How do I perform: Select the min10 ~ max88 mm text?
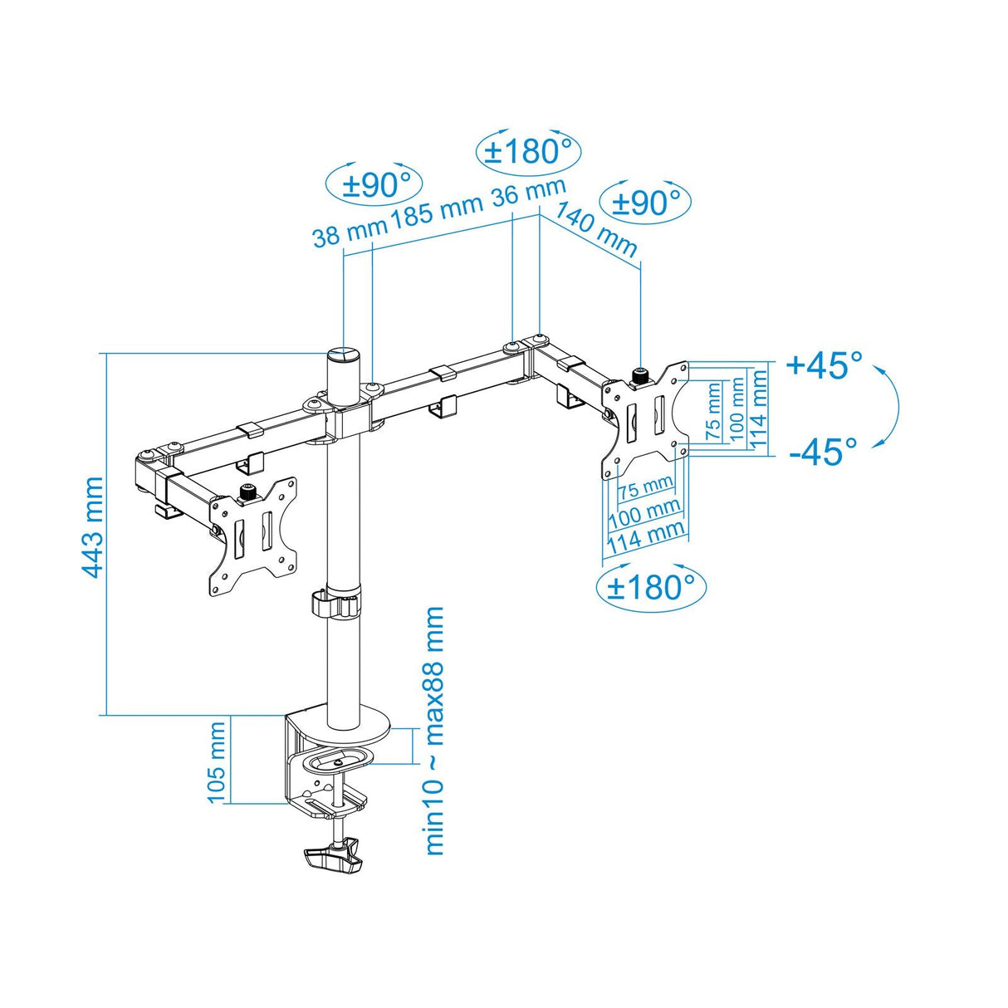(x=434, y=731)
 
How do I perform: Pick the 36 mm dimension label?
(x=529, y=193)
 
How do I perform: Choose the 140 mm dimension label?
(x=595, y=229)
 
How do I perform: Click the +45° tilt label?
(x=824, y=365)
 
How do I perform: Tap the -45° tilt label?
(x=824, y=452)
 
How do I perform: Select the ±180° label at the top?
(x=528, y=152)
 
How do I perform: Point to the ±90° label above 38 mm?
(x=375, y=184)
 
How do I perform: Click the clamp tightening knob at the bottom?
(x=334, y=855)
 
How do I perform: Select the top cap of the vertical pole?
(x=343, y=355)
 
